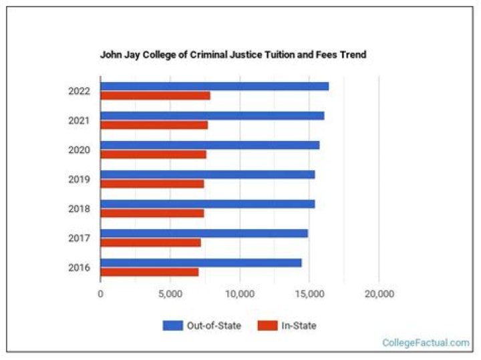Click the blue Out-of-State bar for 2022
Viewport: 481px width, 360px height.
pyautogui.click(x=214, y=86)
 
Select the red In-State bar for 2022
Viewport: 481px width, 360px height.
pyautogui.click(x=155, y=96)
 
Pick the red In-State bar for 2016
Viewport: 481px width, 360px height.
pyautogui.click(x=149, y=272)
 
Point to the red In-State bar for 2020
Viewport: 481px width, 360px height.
pyautogui.click(x=153, y=154)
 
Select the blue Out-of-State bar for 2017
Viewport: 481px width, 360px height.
pyautogui.click(x=204, y=233)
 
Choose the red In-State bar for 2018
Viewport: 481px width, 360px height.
pyautogui.click(x=152, y=213)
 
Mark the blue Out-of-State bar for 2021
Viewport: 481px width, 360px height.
pyautogui.click(x=212, y=116)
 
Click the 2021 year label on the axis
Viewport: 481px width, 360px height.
pyautogui.click(x=79, y=120)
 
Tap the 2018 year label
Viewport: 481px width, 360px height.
pyautogui.click(x=79, y=208)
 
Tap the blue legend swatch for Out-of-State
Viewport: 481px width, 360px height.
pyautogui.click(x=172, y=325)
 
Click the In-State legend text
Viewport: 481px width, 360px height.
pyautogui.click(x=299, y=325)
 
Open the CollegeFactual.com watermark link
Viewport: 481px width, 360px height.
pyautogui.click(x=426, y=343)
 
